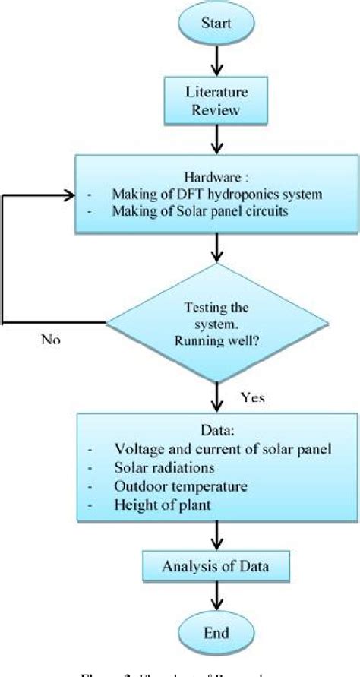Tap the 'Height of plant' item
coord(152,502)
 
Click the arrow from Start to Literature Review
coord(219,60)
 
